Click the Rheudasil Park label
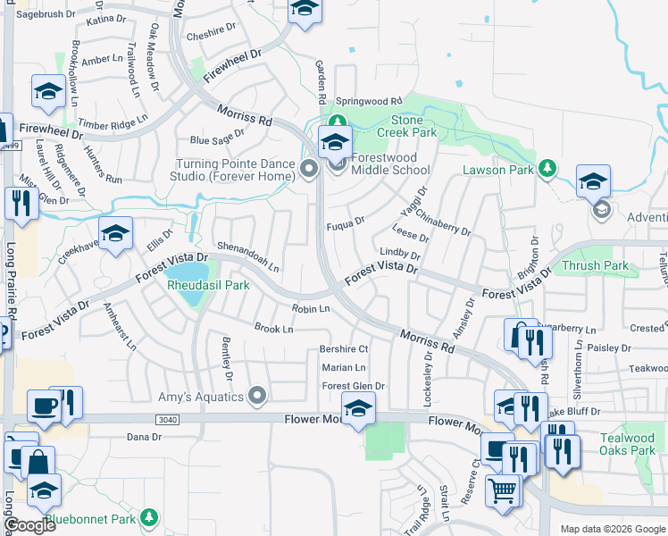[x=208, y=285]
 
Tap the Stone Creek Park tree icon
[x=337, y=121]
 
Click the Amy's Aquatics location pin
[x=258, y=394]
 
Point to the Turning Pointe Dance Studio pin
[x=309, y=168]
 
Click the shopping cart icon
[x=503, y=490]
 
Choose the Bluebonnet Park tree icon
[x=149, y=517]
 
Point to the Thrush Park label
[x=595, y=265]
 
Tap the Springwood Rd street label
[x=370, y=101]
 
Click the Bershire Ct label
[x=344, y=348]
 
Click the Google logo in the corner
[x=29, y=526]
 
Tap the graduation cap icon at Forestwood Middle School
[x=335, y=142]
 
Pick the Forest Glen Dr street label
[x=353, y=386]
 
